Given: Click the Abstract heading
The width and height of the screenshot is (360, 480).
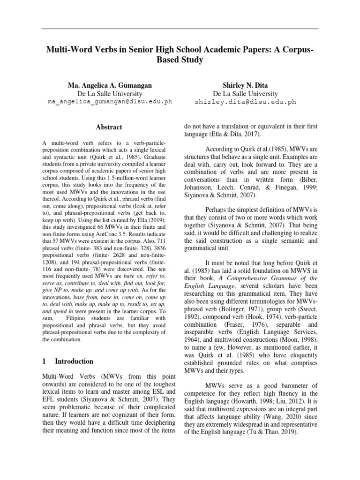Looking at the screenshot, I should (x=109, y=127).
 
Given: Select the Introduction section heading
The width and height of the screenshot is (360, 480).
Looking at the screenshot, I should (x=74, y=361).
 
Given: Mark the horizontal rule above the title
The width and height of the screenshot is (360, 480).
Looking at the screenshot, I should (x=180, y=29).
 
